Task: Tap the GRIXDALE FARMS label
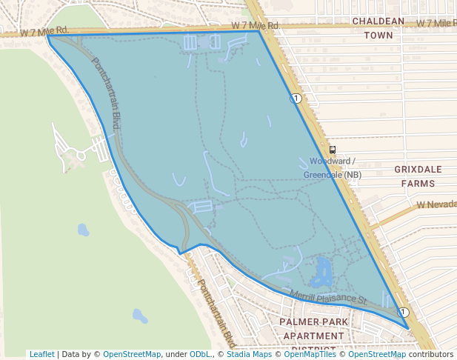pyautogui.click(x=418, y=176)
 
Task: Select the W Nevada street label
pyautogui.click(x=434, y=204)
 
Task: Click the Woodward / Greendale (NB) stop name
pyautogui.click(x=333, y=167)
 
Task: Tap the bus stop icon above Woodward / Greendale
pyautogui.click(x=333, y=150)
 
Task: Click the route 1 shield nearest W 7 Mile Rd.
pyautogui.click(x=296, y=98)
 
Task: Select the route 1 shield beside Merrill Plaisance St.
pyautogui.click(x=404, y=313)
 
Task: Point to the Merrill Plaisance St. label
pyautogui.click(x=329, y=297)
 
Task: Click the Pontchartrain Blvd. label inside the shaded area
pyautogui.click(x=106, y=94)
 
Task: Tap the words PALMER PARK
pyautogui.click(x=314, y=322)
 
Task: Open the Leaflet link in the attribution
pyautogui.click(x=41, y=354)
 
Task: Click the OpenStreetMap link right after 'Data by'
pyautogui.click(x=132, y=354)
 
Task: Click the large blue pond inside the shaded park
pyautogui.click(x=322, y=272)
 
